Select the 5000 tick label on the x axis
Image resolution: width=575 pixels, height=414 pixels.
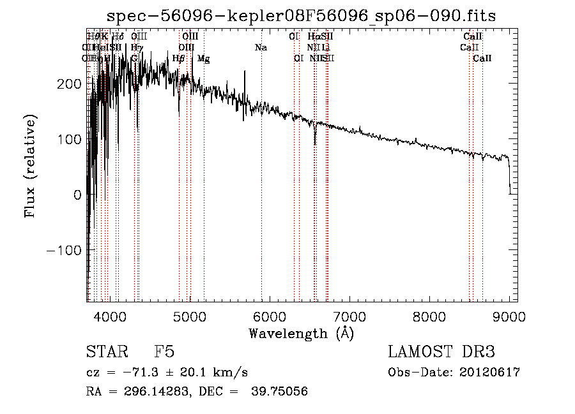pos(190,317)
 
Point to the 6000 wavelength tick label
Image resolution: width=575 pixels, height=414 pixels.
pos(270,317)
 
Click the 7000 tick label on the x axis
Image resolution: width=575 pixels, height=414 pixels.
pos(349,317)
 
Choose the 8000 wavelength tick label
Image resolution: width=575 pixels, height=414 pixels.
pos(429,317)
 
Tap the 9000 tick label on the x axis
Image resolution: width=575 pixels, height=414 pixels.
pos(509,317)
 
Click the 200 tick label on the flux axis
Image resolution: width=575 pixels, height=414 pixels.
pos(68,84)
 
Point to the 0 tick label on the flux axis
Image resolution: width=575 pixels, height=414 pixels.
pos(77,195)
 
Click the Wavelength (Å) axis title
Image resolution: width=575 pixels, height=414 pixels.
pos(301,333)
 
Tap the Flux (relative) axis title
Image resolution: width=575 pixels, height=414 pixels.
pos(31,166)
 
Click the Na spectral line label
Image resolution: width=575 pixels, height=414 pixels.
pos(261,48)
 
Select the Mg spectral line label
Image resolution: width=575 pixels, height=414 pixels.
pos(203,59)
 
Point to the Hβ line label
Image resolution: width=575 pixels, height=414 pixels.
pos(179,59)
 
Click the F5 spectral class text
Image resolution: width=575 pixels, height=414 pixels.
pos(164,352)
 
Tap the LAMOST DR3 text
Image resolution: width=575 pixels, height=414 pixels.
pos(441,352)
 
